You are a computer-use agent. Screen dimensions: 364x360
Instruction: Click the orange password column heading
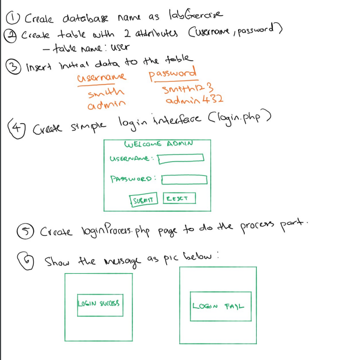172,74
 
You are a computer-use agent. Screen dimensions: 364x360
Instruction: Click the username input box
181,158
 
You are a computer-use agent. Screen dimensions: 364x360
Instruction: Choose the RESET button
178,199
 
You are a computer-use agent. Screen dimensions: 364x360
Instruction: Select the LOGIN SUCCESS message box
99,303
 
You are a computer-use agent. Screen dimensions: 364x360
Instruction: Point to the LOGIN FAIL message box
220,305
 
